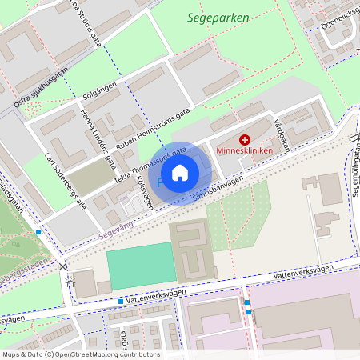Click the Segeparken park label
coord(218,17)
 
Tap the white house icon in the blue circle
coord(180,172)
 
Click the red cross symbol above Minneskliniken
coord(245,140)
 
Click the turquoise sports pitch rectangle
coord(141,266)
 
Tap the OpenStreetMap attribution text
coord(80,354)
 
